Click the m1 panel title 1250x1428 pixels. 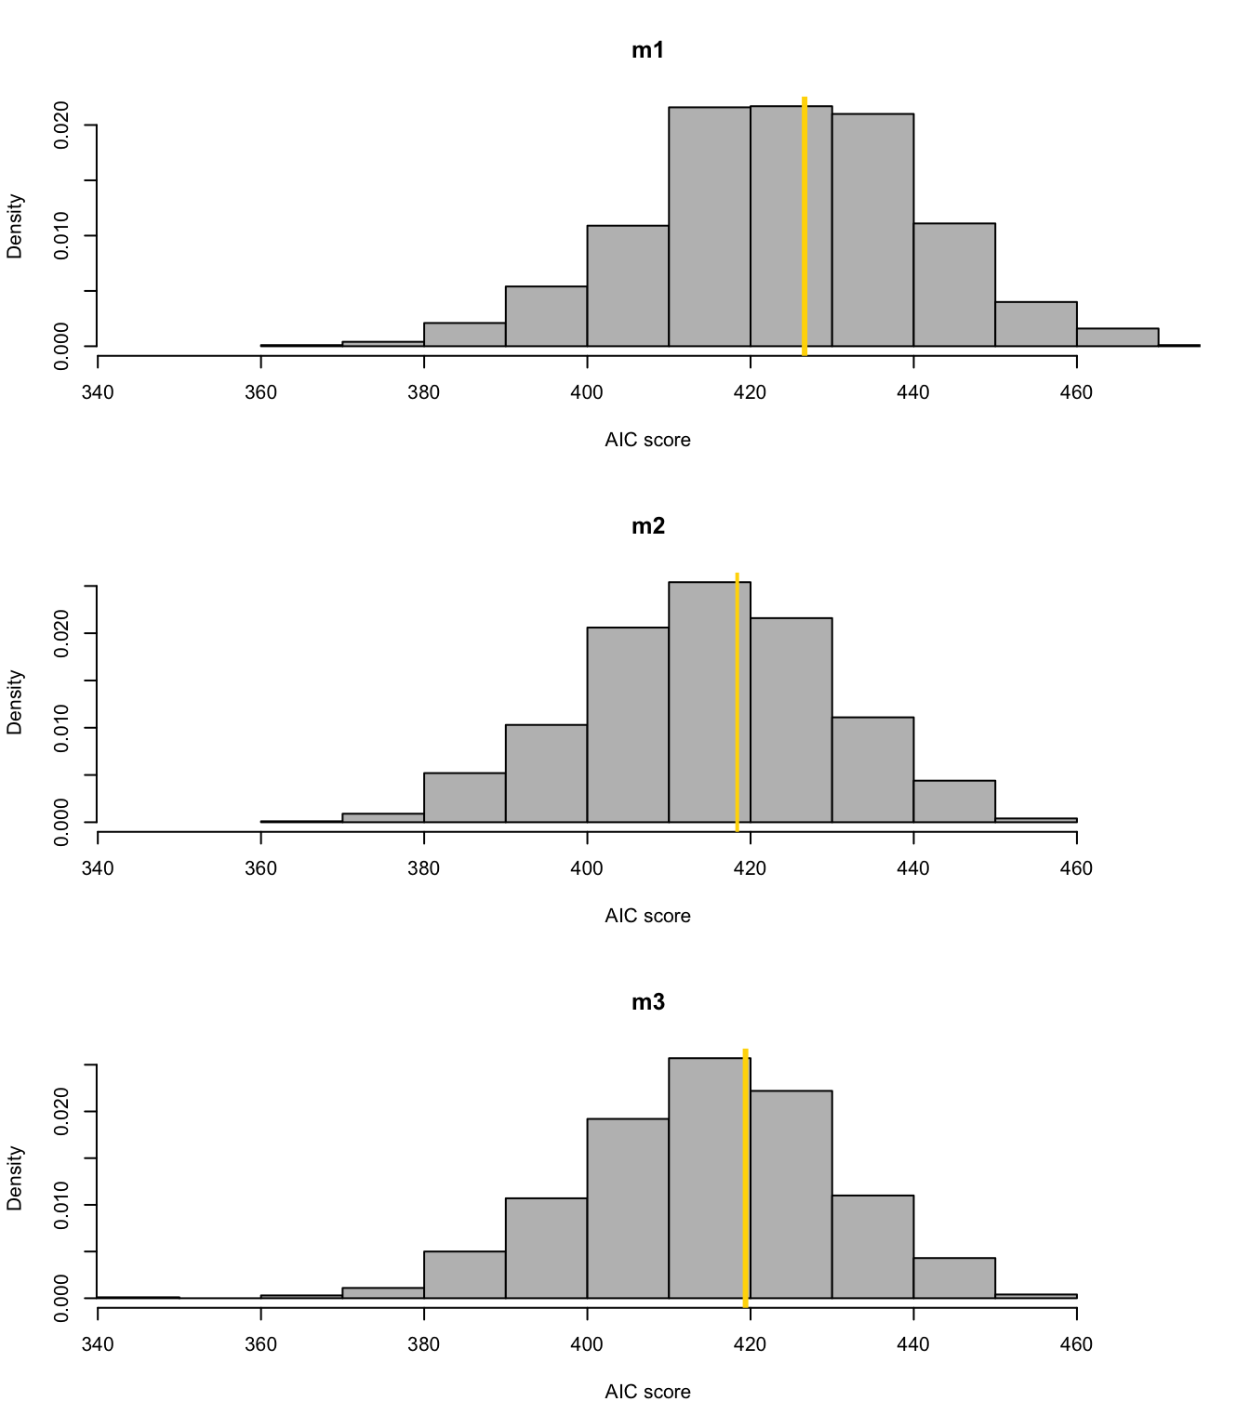647,51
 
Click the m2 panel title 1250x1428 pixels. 647,527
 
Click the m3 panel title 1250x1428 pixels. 647,1003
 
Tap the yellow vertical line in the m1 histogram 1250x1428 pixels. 805,223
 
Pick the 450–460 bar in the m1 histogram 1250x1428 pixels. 1036,324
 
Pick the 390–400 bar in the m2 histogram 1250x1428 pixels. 546,773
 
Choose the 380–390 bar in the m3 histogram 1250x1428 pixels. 464,1275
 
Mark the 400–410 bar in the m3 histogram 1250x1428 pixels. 628,1209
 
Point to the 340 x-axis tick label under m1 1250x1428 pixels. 98,392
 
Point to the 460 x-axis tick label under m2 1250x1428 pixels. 1077,868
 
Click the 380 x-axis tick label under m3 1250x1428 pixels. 424,1344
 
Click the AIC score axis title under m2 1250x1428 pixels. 647,916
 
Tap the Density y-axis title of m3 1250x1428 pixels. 15,1177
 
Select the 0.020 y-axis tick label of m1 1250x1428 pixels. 62,125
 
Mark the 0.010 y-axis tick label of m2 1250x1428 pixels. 62,727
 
